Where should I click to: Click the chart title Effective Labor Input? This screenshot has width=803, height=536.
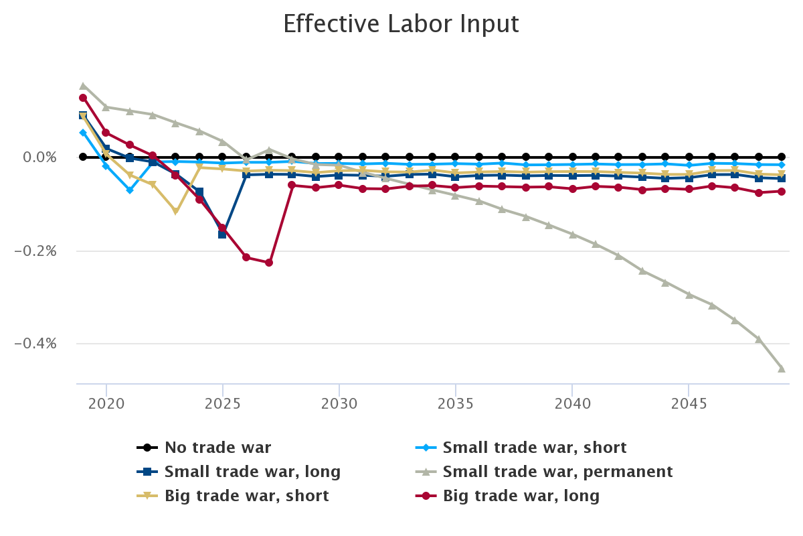(401, 24)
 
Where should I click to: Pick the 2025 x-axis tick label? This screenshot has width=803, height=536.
(222, 405)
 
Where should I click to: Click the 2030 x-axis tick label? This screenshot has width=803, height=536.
(339, 405)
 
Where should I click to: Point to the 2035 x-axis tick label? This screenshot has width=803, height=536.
(455, 405)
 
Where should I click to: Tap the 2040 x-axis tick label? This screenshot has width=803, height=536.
(571, 405)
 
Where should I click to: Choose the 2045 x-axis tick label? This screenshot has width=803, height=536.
(688, 405)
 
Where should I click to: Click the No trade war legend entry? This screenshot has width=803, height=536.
(217, 448)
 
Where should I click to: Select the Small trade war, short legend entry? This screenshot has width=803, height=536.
(534, 448)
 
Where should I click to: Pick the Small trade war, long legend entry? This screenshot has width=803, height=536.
(252, 472)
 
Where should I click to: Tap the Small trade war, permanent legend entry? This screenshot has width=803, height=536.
(557, 472)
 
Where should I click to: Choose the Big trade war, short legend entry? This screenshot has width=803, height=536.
(246, 496)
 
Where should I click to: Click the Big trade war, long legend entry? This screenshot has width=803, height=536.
(521, 496)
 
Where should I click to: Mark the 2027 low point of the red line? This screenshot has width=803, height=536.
(269, 263)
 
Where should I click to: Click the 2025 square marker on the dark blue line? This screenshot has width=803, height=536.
(222, 234)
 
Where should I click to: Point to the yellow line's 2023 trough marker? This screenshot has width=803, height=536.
(176, 212)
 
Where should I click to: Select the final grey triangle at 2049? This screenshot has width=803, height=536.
(782, 368)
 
